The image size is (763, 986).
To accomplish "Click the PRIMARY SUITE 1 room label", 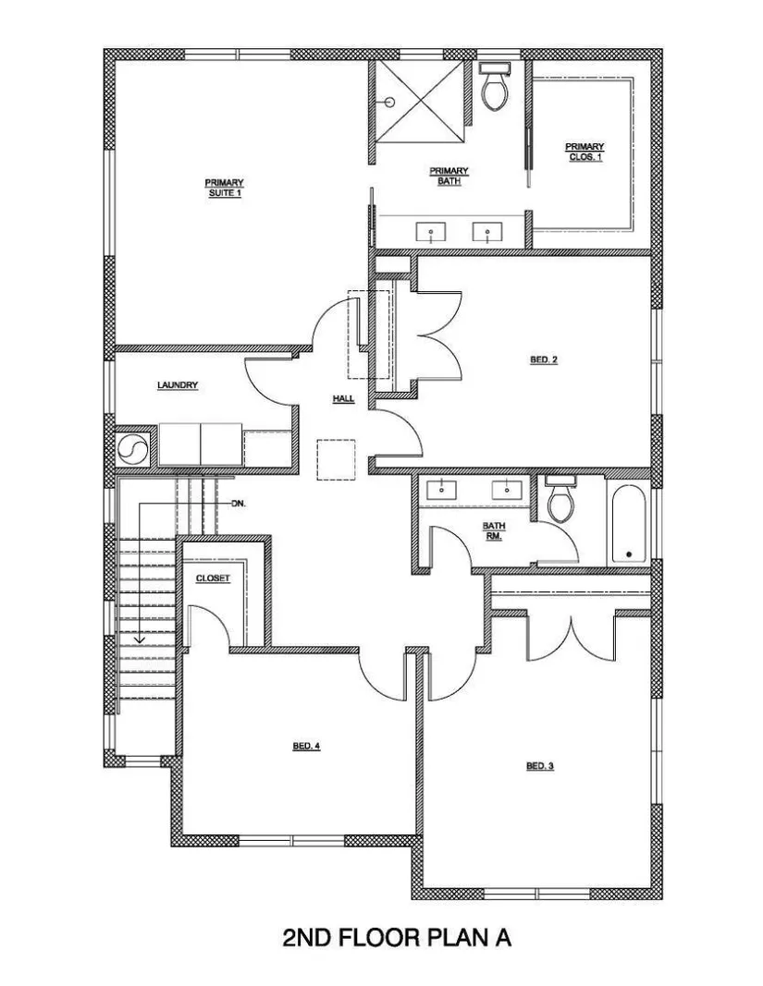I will [x=223, y=188].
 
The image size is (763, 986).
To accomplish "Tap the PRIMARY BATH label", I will [x=449, y=176].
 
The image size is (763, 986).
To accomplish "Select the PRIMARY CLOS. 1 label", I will [x=585, y=151].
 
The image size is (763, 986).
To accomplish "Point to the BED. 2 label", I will [x=543, y=360].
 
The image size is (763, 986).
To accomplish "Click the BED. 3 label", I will [x=539, y=765].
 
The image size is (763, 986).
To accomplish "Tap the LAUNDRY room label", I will [x=178, y=385].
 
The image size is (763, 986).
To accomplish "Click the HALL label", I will [x=344, y=399].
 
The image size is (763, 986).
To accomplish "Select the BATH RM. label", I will [x=492, y=530].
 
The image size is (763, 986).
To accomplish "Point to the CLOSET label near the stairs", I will [x=212, y=578].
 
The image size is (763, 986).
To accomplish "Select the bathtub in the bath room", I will [x=628, y=523].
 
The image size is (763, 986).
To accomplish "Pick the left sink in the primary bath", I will [x=431, y=232].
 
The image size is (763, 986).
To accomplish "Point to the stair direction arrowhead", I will [x=140, y=639].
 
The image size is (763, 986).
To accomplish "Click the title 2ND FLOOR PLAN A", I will [x=397, y=938].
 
